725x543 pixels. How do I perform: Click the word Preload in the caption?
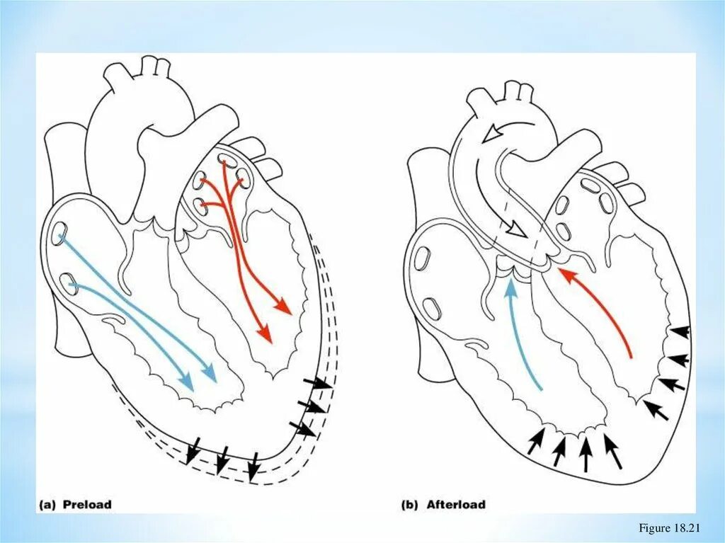(x=87, y=505)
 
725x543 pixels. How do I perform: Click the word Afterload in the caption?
(x=456, y=505)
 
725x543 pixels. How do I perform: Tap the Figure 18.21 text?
(x=668, y=528)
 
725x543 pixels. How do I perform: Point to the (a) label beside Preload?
(x=48, y=505)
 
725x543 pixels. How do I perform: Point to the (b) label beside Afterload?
(x=410, y=505)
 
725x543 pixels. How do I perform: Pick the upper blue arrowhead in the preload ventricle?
(x=209, y=372)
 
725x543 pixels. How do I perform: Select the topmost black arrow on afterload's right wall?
(x=680, y=331)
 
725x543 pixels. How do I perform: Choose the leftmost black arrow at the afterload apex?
(x=535, y=442)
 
